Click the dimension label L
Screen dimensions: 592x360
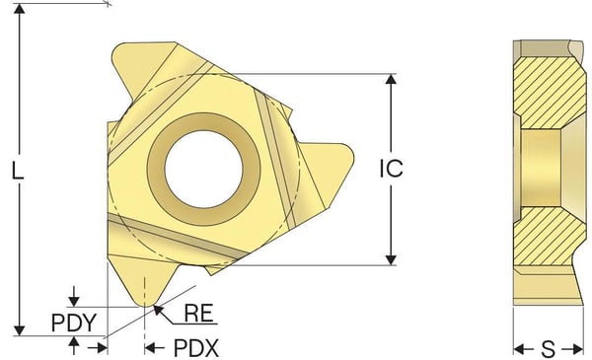tap(18, 171)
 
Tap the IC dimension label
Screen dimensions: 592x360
tap(391, 169)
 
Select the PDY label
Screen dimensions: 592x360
tap(74, 324)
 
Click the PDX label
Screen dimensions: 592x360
tap(196, 348)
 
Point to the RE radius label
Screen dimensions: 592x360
tap(198, 314)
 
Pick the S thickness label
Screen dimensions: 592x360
tap(549, 349)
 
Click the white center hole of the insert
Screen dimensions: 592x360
tap(204, 169)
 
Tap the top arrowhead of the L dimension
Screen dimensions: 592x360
tap(20, 9)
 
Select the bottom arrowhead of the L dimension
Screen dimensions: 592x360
tap(20, 330)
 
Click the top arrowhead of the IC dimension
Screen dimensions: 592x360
tap(391, 79)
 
